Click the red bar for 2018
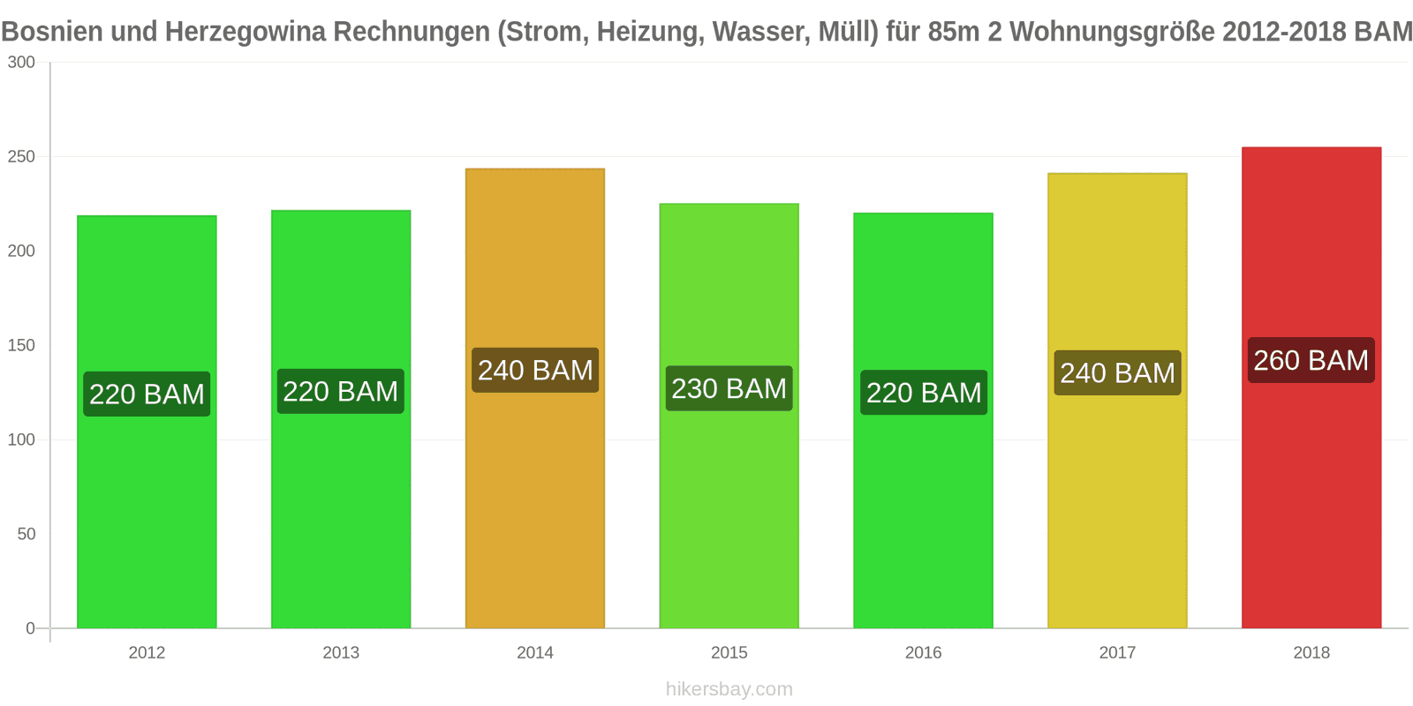pyautogui.click(x=1311, y=494)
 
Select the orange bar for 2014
pyautogui.click(x=535, y=494)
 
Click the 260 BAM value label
pyautogui.click(x=1311, y=360)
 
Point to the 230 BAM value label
pyautogui.click(x=729, y=388)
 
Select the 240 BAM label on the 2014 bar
pyautogui.click(x=535, y=371)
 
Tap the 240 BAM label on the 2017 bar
pyautogui.click(x=1117, y=373)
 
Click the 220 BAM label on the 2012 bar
pyautogui.click(x=147, y=394)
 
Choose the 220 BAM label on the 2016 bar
pyautogui.click(x=924, y=393)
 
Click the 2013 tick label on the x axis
pyautogui.click(x=341, y=653)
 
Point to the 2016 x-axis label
pyautogui.click(x=923, y=653)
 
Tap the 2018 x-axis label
pyautogui.click(x=1311, y=653)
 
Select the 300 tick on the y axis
pyautogui.click(x=21, y=63)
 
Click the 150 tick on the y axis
pyautogui.click(x=21, y=346)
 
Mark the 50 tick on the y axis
pyautogui.click(x=26, y=535)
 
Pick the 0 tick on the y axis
pyautogui.click(x=31, y=628)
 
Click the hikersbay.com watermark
pyautogui.click(x=729, y=689)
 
